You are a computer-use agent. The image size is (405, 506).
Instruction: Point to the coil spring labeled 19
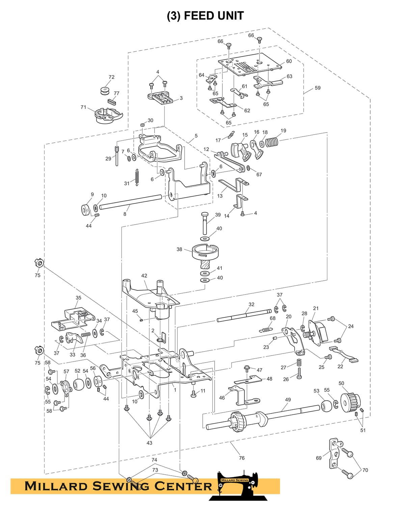(x=272, y=142)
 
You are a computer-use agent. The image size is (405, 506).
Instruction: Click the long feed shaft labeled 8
(x=131, y=201)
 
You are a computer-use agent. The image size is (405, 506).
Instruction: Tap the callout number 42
(x=144, y=276)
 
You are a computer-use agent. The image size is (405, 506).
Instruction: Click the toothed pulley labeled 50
(x=350, y=401)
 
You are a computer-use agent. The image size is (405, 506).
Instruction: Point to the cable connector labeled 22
(x=343, y=354)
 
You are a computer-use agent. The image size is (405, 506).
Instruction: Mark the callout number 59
(x=318, y=88)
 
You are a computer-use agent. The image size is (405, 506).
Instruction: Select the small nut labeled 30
(x=142, y=124)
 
